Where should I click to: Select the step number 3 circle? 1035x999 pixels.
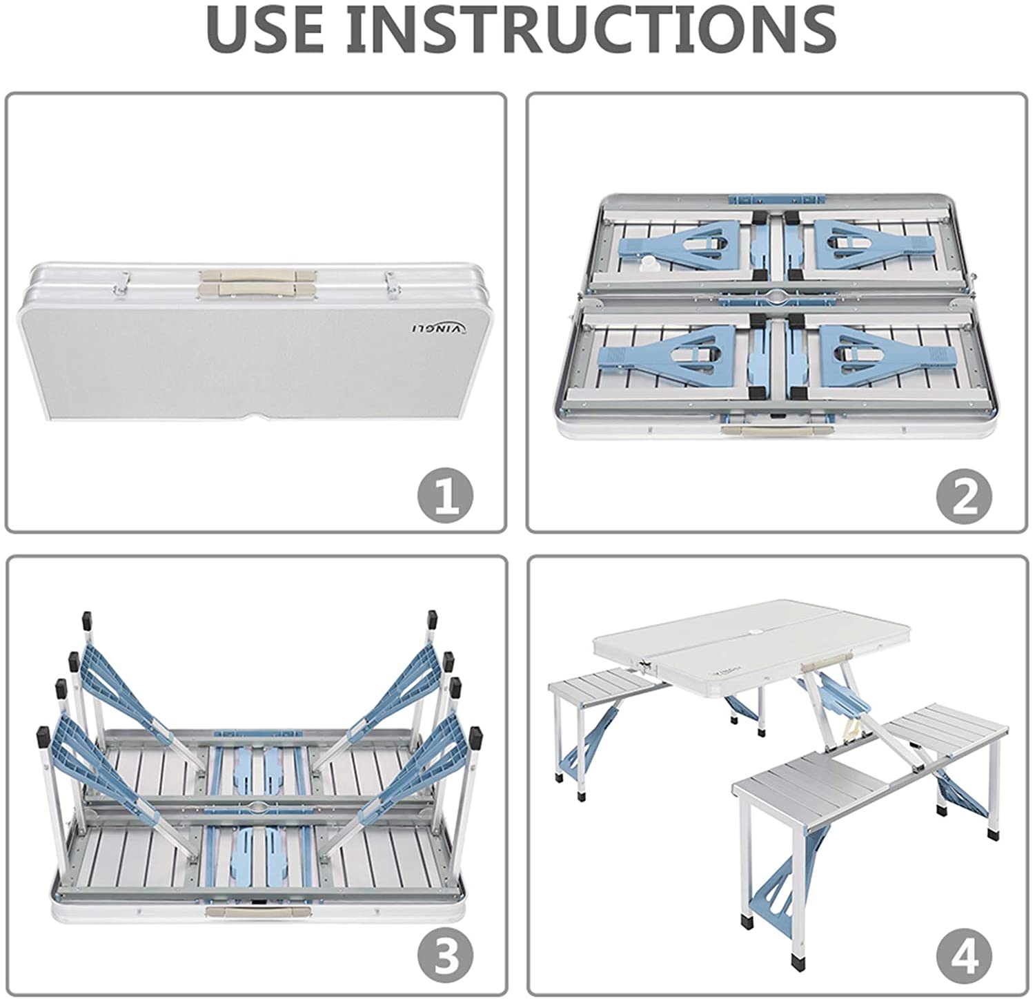(446, 958)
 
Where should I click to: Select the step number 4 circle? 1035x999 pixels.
(964, 958)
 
